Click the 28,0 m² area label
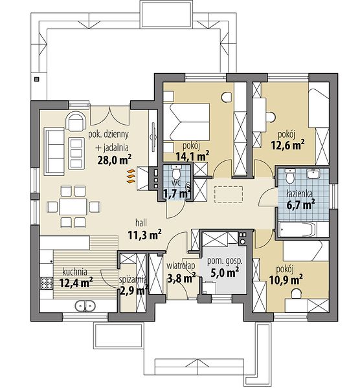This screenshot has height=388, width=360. (114, 160)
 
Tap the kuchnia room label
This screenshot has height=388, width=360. (75, 272)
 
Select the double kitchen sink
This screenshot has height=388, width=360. (85, 306)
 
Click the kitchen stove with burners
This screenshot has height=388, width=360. (47, 283)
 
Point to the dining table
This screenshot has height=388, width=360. (73, 207)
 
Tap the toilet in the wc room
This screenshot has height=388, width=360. (176, 172)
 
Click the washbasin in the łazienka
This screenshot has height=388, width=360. (313, 173)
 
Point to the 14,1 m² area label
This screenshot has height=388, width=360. (192, 155)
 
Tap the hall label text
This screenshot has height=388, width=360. (141, 222)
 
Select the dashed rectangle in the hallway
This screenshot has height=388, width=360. (228, 194)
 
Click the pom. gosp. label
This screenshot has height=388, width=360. (225, 261)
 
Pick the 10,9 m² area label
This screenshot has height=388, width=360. (286, 280)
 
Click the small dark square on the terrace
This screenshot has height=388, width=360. (37, 79)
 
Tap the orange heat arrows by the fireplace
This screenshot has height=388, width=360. (131, 177)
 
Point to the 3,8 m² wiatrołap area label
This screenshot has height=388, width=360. (181, 278)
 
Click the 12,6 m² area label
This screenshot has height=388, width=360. (287, 145)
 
